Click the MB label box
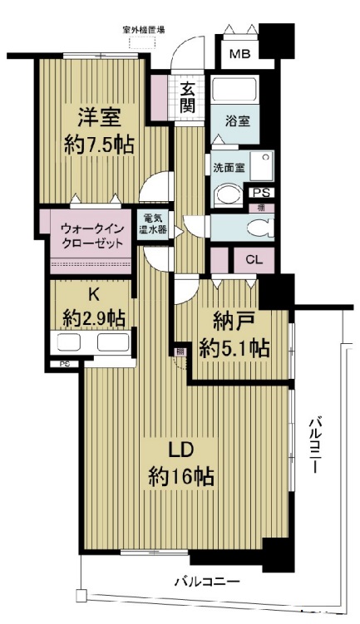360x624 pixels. click(239, 55)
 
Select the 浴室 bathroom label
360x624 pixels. click(239, 120)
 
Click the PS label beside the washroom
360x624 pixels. click(260, 191)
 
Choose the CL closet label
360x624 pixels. click(255, 259)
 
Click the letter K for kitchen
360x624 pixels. click(94, 294)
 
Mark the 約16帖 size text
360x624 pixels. click(181, 476)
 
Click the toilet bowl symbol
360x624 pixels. click(259, 227)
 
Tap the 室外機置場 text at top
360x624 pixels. click(143, 30)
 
